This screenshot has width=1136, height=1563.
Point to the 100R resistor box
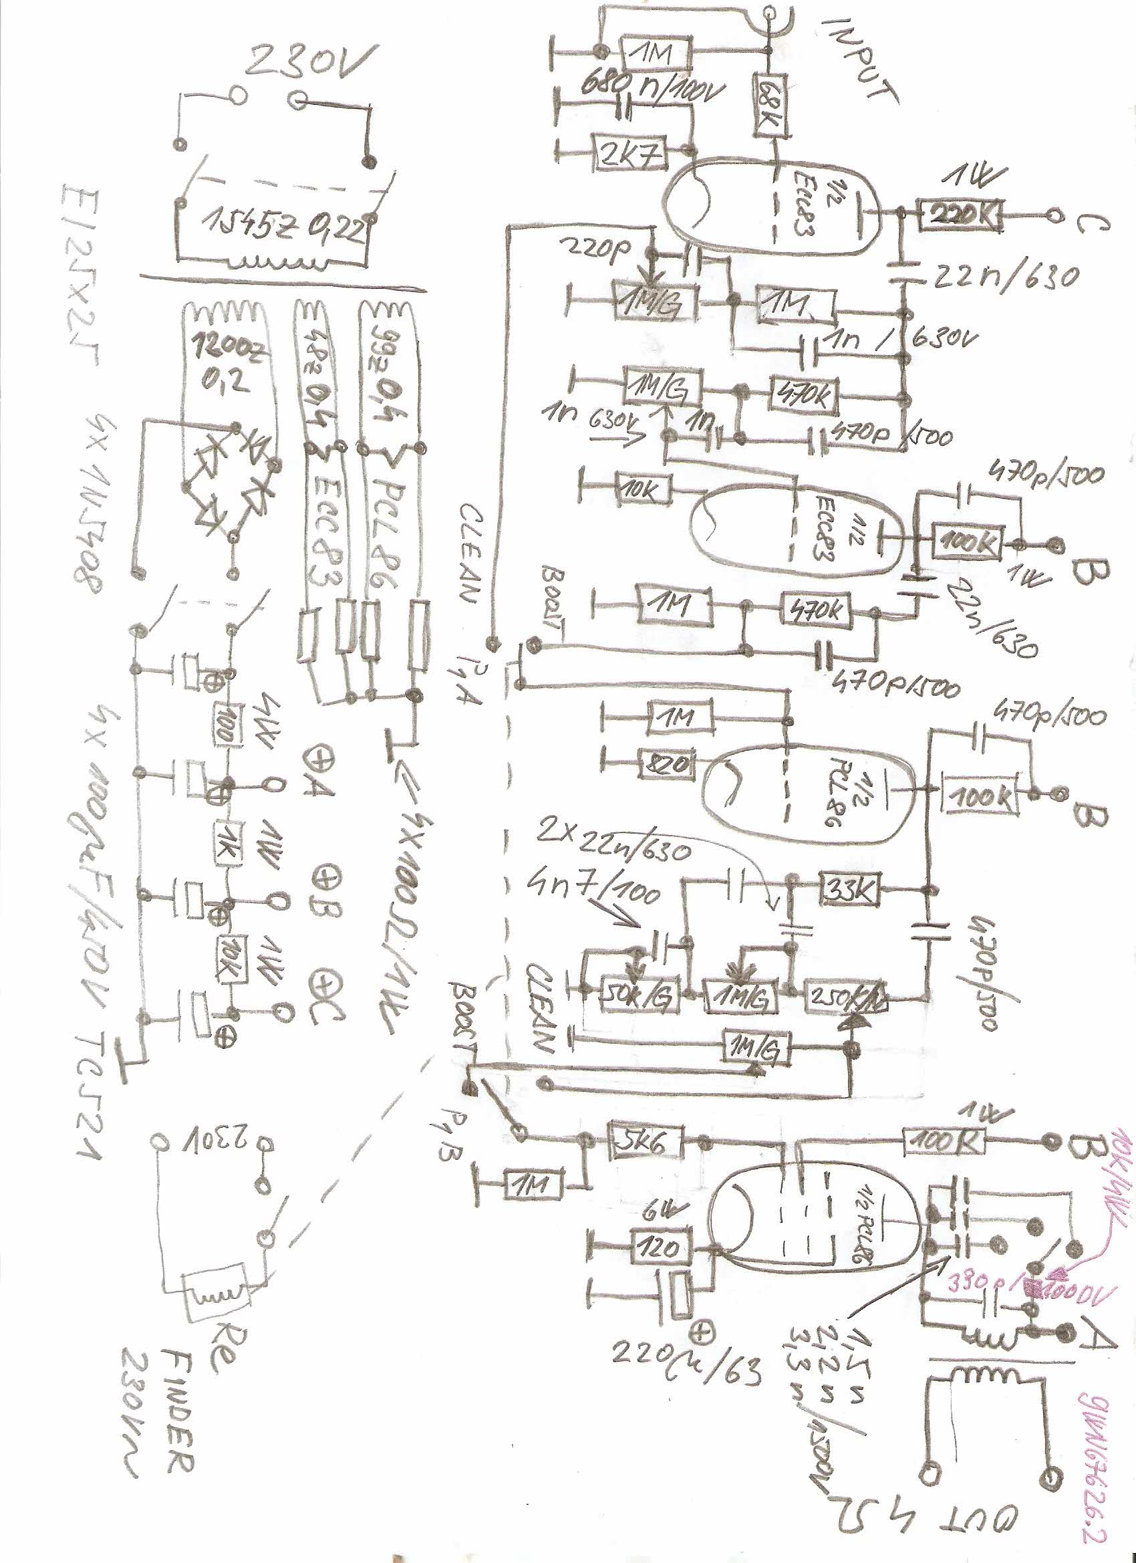pyautogui.click(x=944, y=1141)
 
